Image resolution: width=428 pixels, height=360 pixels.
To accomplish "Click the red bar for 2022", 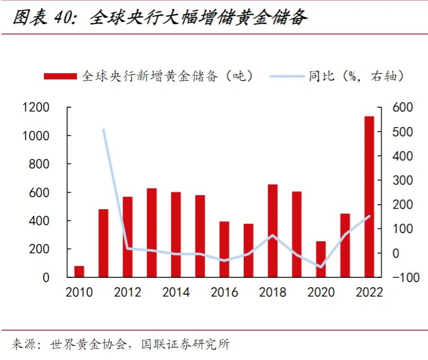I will coord(369,197).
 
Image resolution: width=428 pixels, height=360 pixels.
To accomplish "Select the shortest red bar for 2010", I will coord(79,272).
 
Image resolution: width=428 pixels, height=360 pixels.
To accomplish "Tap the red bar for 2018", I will coord(273,231).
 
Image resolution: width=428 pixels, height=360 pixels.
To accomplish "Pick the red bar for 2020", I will coord(321,259).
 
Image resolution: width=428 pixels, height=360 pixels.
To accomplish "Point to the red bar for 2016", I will coord(224,249).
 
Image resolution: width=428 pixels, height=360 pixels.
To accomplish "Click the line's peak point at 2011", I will coord(104,130).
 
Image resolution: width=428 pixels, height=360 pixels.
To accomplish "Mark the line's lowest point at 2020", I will coord(320,267).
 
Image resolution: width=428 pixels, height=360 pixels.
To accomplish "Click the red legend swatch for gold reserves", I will coord(60,76).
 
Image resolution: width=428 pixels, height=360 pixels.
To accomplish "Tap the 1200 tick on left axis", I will coord(35,107).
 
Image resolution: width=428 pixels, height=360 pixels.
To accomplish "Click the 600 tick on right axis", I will coord(402,107).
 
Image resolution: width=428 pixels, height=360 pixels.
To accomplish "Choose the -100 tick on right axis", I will coord(400,278).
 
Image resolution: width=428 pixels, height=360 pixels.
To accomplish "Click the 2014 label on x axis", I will coord(176,292).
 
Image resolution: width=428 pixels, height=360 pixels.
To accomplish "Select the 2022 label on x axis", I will coord(369,292).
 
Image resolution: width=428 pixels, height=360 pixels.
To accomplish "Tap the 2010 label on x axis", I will coord(79,292).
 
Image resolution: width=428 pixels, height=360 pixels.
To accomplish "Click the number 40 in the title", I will coord(63,18).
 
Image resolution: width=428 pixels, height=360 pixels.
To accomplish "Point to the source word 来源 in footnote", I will coord(23,344).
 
